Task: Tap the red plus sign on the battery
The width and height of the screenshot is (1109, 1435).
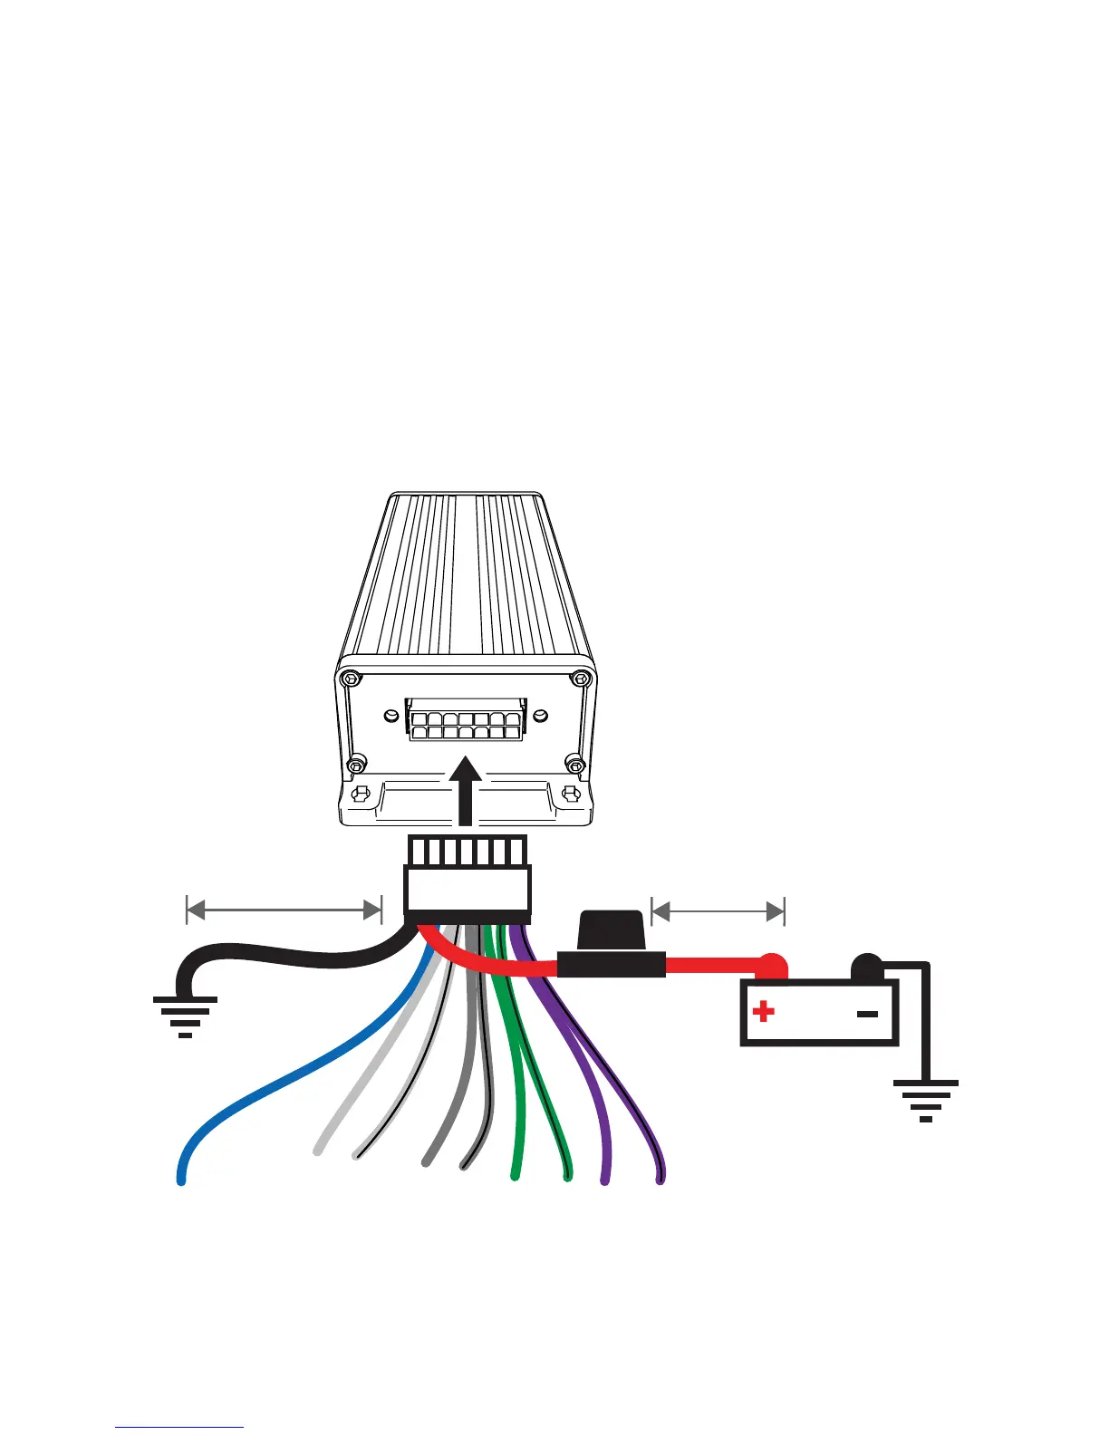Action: [x=764, y=1010]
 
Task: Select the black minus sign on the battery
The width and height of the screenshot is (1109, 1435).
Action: [x=867, y=1014]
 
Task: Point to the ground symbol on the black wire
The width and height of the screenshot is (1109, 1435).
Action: [x=185, y=1014]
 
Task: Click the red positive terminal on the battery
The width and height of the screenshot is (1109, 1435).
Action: [x=772, y=968]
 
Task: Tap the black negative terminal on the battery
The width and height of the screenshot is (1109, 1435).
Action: [x=866, y=967]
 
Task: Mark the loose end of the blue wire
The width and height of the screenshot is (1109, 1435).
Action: [x=181, y=1179]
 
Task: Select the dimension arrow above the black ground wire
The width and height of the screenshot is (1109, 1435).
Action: [x=284, y=910]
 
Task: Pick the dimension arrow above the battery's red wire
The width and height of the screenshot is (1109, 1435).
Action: [x=718, y=910]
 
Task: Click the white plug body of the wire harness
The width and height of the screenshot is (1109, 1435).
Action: [x=468, y=890]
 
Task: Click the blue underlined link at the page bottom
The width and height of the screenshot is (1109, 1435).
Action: [x=179, y=1427]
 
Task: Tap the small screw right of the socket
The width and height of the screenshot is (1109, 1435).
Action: [x=540, y=716]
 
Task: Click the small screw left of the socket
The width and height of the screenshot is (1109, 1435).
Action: [x=390, y=717]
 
